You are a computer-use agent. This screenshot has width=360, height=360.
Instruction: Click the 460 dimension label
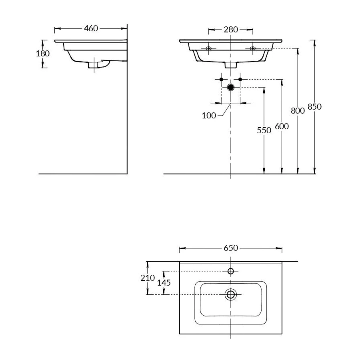pos(91,29)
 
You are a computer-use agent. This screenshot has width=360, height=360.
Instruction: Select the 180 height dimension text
pos(43,54)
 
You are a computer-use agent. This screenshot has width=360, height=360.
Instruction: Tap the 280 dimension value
pos(231,30)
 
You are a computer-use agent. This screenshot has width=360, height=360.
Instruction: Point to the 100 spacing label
pos(209,116)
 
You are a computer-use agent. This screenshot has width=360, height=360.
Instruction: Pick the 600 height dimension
pos(282,126)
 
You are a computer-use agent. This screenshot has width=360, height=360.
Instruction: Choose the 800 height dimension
pos(298,111)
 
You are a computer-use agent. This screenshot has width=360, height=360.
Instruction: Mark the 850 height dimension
pos(314,107)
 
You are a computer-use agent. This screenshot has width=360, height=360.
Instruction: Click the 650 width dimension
pos(231,248)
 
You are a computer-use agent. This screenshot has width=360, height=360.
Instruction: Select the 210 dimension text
pos(148,278)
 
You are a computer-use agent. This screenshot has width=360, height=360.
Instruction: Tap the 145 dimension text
pos(164,282)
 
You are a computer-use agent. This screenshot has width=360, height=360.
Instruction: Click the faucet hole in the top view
pos(231,272)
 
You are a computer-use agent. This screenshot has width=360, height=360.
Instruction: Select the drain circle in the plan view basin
pos(231,295)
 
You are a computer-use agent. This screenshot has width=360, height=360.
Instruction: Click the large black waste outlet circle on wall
pos(231,87)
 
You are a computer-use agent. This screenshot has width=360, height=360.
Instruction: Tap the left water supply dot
pos(221,79)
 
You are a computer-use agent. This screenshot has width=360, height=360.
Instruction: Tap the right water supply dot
pos(240,79)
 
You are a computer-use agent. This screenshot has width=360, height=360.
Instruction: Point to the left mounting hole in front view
pos(208,48)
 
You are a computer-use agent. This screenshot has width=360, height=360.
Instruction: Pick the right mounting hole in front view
pos(252,48)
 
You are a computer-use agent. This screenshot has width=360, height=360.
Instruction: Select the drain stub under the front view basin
pos(231,65)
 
